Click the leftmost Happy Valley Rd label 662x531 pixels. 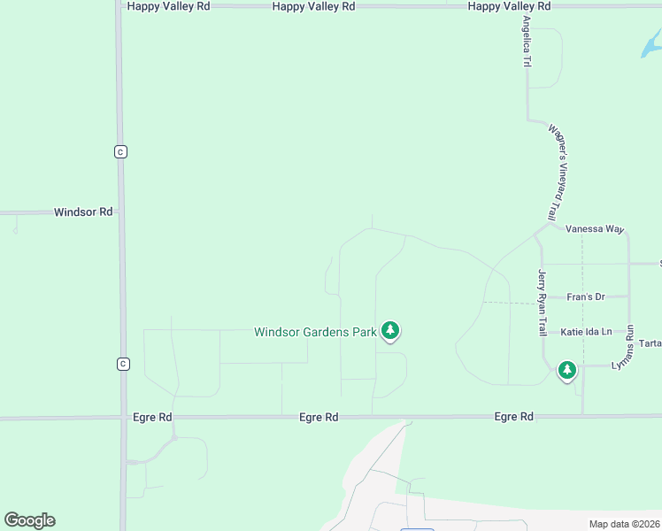coord(168,6)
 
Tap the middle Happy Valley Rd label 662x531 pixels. coord(313,6)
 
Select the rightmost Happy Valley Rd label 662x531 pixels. coord(509,6)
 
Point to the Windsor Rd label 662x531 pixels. coord(83,212)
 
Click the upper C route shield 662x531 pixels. coord(121,151)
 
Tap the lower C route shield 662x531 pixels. coord(123,364)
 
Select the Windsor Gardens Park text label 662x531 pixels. coord(315,333)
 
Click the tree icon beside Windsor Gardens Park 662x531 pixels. coord(390,331)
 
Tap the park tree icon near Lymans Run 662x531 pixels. coord(567,370)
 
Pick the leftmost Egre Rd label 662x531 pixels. coord(151,417)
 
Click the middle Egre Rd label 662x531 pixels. coord(319,417)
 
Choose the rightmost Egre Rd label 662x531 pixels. coord(513,416)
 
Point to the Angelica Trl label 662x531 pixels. coord(527,42)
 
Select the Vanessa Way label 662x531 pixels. coord(595,229)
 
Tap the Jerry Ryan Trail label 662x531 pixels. coord(543,303)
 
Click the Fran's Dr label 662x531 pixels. coord(586,297)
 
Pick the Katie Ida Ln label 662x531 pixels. coord(586,332)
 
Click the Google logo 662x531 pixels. coord(29,520)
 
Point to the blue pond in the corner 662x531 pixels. coord(651,44)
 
